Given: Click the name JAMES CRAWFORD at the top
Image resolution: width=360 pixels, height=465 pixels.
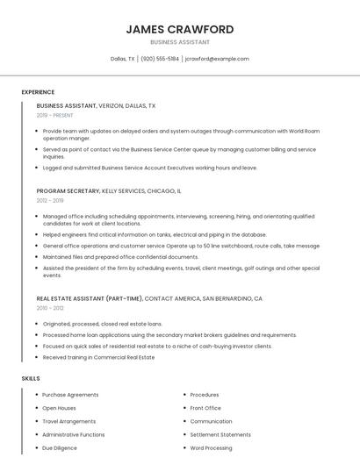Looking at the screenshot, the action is [x=180, y=29].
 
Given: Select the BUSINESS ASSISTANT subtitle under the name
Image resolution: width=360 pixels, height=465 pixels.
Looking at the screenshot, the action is [x=180, y=42].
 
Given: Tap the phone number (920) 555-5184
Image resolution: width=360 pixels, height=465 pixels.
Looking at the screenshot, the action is [x=160, y=59].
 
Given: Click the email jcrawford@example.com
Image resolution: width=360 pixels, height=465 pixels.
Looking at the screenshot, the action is [x=217, y=59].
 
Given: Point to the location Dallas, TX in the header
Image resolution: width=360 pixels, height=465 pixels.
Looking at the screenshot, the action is [x=123, y=59].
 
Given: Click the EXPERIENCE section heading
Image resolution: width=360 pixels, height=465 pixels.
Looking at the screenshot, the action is [x=38, y=92].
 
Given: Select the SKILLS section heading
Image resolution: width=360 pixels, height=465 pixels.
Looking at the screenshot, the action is [x=31, y=378].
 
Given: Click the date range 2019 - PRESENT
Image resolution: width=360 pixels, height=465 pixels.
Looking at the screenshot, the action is [x=55, y=115].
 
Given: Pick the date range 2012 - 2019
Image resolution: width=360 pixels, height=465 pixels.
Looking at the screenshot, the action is [x=50, y=200].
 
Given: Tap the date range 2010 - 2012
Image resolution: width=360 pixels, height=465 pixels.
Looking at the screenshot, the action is [x=50, y=308].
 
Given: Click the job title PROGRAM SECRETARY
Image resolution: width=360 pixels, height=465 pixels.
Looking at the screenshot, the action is [x=68, y=190].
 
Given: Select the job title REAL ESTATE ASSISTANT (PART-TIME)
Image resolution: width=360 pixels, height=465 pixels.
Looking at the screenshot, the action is [x=89, y=298].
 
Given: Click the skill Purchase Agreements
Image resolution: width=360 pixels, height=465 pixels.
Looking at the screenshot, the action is [x=70, y=395].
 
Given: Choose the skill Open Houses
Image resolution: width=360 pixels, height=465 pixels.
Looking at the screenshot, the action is [x=59, y=408].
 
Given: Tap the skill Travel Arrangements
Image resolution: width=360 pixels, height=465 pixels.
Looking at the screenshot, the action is [x=69, y=421].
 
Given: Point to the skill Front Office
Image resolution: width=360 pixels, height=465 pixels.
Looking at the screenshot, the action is [x=205, y=408].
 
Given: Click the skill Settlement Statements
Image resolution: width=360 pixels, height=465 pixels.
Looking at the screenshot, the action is [x=220, y=434].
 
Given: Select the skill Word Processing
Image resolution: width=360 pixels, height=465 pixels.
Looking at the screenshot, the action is [x=211, y=447].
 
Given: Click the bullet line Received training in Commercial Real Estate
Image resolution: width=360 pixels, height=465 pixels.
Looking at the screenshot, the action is [x=98, y=357].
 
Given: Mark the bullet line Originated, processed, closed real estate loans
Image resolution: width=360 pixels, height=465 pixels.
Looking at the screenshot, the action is [x=102, y=324].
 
